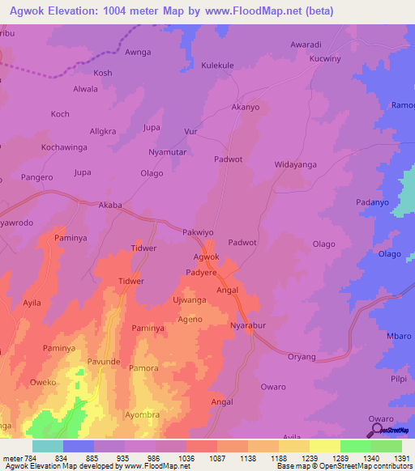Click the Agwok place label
pyautogui.click(x=206, y=257)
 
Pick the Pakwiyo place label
pyautogui.click(x=198, y=231)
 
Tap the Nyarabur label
pyautogui.click(x=249, y=325)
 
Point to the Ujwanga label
pyautogui.click(x=190, y=300)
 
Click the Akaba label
pyautogui.click(x=110, y=205)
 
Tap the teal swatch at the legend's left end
pyautogui.click(x=47, y=446)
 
